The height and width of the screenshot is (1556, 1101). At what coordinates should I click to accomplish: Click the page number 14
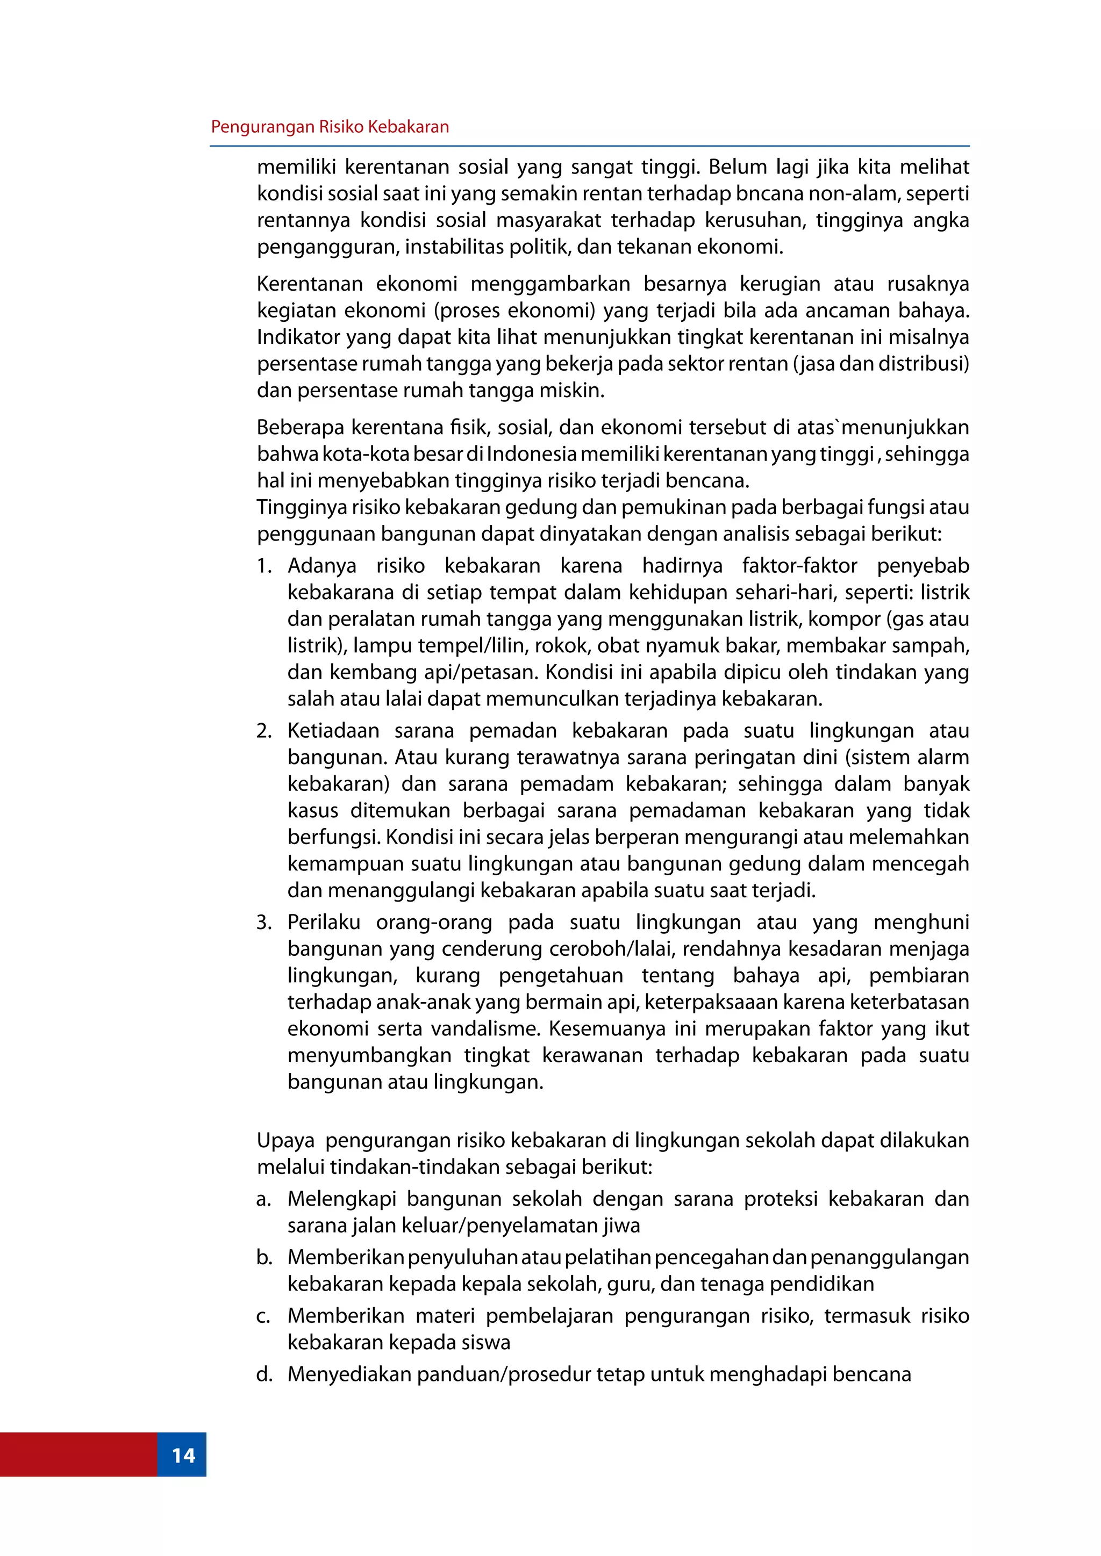pos(183,1455)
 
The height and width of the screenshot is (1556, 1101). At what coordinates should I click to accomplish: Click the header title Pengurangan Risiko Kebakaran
pos(330,127)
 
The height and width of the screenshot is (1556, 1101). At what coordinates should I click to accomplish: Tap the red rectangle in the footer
pos(78,1455)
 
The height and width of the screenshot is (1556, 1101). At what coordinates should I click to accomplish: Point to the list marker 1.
pos(264,566)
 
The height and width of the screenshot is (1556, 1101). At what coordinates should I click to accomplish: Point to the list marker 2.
pos(264,731)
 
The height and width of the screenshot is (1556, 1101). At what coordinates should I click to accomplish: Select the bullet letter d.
pos(264,1374)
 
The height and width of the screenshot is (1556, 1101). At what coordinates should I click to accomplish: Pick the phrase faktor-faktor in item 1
pos(799,566)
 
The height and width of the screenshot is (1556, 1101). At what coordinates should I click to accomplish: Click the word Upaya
pos(285,1141)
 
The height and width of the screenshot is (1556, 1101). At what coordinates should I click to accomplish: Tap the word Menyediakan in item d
pos(348,1374)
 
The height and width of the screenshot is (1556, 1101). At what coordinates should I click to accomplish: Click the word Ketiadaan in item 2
pos(333,731)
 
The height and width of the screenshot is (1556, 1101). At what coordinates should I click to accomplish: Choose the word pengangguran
pos(327,247)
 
